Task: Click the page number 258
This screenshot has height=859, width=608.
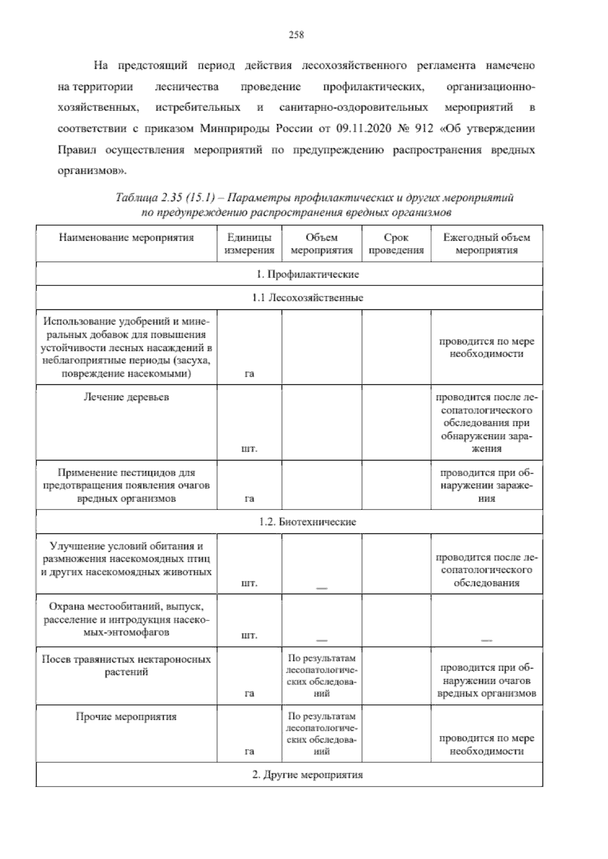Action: [296, 35]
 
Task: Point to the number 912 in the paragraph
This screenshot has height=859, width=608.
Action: [424, 129]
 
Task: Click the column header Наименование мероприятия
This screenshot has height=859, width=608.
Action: [126, 238]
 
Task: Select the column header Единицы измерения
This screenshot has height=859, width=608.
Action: [249, 244]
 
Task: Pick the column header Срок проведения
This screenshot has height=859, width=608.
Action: [396, 244]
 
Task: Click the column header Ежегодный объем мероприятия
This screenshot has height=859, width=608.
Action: [486, 244]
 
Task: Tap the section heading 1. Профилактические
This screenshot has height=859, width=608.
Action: [308, 274]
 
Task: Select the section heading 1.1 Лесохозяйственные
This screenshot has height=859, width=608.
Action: [308, 298]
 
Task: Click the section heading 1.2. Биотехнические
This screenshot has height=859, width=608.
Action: [308, 522]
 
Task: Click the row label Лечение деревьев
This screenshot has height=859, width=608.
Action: [126, 397]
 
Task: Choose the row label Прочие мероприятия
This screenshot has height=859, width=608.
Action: [126, 717]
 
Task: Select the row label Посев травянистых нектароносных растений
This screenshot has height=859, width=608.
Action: [126, 666]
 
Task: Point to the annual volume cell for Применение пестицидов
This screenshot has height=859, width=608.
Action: [486, 486]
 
